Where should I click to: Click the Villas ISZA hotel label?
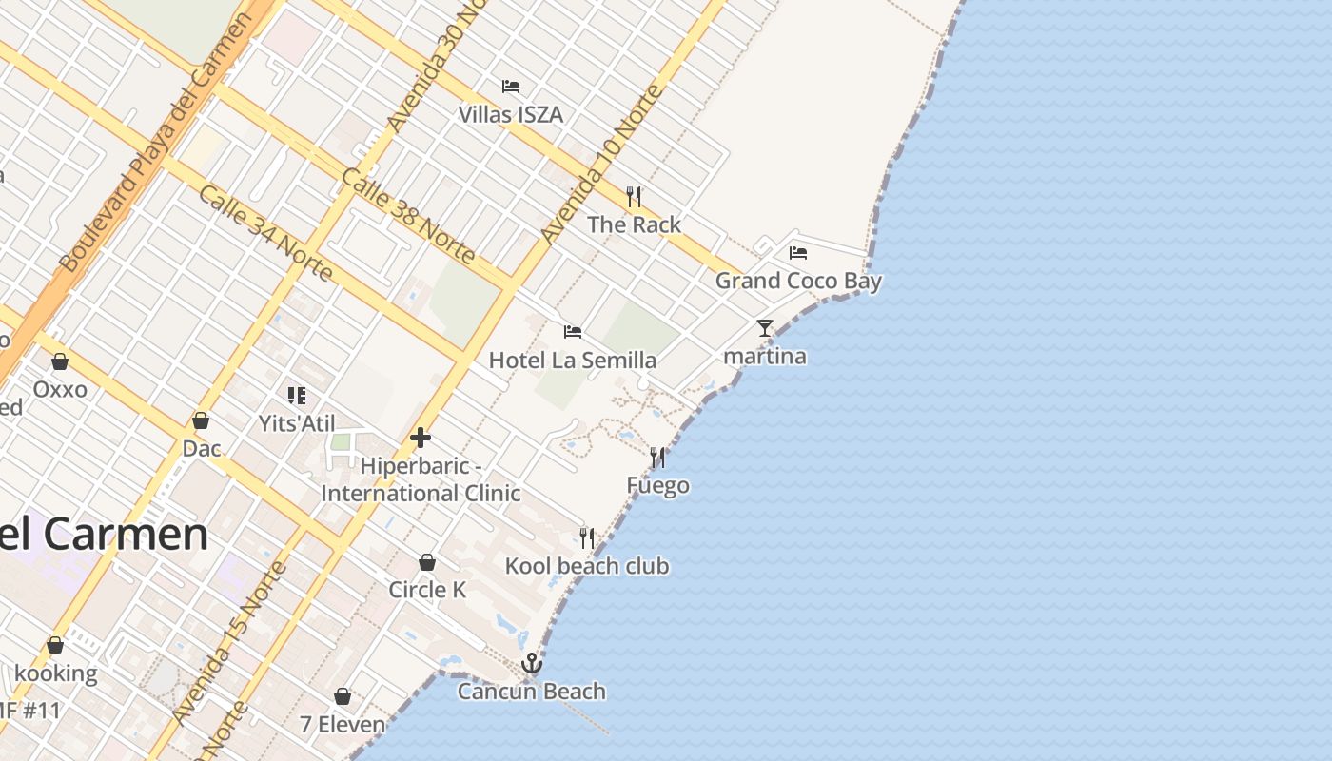pos(510,115)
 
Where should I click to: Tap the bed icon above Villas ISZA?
pos(511,87)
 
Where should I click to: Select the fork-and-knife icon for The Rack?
pos(634,197)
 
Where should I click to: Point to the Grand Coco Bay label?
pos(798,281)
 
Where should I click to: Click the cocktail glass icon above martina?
pos(765,328)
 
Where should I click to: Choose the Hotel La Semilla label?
pos(572,361)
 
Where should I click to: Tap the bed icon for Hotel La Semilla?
pos(573,332)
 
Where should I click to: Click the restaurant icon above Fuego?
pos(657,458)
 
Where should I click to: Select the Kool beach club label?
pos(586,566)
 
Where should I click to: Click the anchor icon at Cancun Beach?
pos(532,663)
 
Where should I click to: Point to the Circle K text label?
pos(427,590)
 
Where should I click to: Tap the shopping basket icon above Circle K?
pos(427,562)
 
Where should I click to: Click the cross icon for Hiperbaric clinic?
pos(421,438)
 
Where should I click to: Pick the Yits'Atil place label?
pos(297,423)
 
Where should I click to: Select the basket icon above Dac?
pos(201,420)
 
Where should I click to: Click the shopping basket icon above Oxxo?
pos(60,361)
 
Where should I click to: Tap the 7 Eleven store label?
pos(343,724)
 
